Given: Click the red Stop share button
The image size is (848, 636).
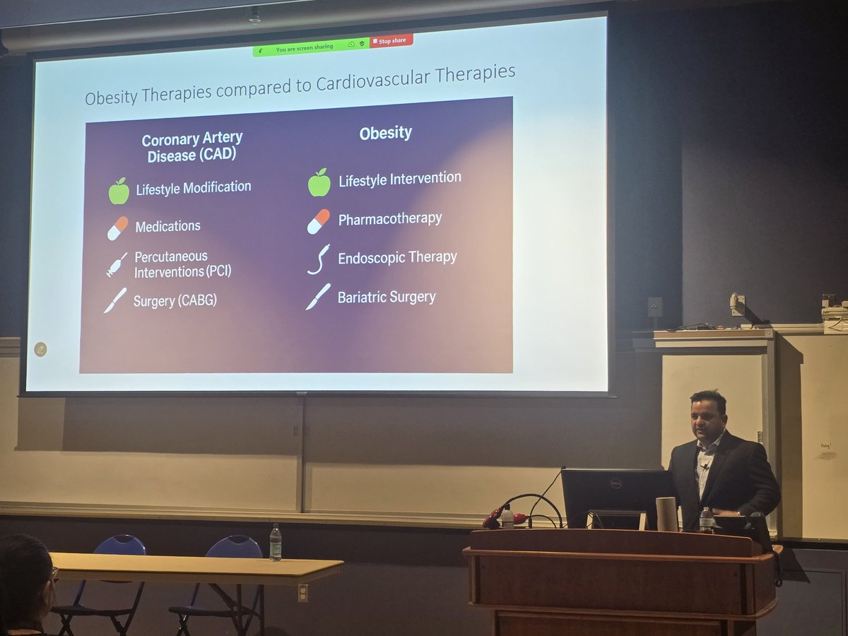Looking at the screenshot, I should point(391,41).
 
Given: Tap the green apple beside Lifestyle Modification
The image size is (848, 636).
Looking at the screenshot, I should point(119,191).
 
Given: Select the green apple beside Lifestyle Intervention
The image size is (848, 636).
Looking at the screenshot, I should point(319,182).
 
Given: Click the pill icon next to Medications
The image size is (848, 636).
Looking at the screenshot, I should point(117,228).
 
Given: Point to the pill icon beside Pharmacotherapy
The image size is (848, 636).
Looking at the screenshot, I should point(318,221).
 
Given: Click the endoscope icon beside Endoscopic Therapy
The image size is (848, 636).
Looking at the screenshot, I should point(318,259).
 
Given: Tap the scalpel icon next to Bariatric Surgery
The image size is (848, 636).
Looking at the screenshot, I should point(318,297).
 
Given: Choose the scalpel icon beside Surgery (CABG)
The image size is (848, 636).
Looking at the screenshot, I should point(115,300).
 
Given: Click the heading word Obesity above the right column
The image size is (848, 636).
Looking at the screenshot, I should point(385,133).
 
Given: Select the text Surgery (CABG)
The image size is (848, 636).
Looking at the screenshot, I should point(175,300).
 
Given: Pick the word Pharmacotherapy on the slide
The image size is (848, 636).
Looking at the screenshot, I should point(389,219).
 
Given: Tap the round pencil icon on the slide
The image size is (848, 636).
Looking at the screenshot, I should point(40,348).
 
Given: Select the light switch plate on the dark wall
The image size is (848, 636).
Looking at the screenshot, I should point(655,306).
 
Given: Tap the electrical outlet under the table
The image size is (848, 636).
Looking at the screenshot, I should point(302,592).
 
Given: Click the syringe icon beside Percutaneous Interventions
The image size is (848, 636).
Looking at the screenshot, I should point(117,264).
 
